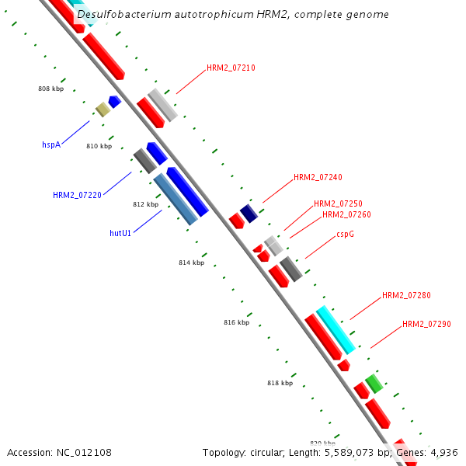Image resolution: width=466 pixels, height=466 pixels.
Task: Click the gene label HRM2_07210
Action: click(x=231, y=68)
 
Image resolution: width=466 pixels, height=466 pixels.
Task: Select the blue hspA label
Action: click(x=51, y=144)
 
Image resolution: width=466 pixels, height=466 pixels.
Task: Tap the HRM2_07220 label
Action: click(x=77, y=195)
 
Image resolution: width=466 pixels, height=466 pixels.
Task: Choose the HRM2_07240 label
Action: click(x=318, y=178)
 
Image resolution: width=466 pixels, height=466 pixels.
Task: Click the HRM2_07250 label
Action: click(x=338, y=204)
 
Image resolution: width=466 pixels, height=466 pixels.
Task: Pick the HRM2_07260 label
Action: click(x=346, y=214)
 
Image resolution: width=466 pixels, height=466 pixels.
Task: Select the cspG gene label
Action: click(x=346, y=234)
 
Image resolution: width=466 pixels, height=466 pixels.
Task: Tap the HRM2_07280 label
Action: click(x=406, y=296)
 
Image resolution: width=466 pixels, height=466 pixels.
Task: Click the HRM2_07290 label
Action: click(x=426, y=324)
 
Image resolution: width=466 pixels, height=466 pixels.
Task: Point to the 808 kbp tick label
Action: click(x=50, y=89)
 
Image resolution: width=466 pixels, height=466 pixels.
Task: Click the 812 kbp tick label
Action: click(x=145, y=205)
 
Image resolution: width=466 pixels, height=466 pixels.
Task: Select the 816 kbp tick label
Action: click(x=237, y=322)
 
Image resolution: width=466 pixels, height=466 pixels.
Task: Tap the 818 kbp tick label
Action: click(x=280, y=383)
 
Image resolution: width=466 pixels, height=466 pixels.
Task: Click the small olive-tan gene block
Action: click(x=103, y=110)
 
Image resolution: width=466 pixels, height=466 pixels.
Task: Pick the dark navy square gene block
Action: click(x=249, y=213)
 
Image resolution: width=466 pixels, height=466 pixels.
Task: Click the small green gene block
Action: click(x=374, y=383)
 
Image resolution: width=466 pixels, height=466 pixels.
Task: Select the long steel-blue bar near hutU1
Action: click(x=176, y=199)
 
